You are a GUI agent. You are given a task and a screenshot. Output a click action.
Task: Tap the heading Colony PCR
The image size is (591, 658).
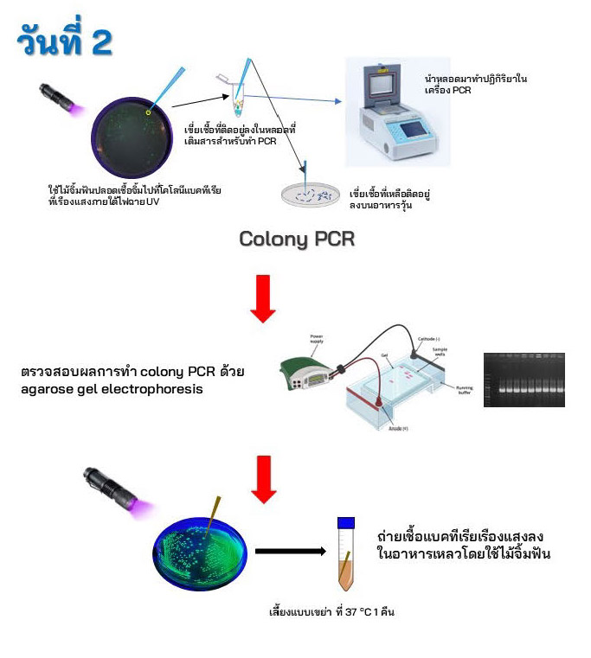click(297, 239)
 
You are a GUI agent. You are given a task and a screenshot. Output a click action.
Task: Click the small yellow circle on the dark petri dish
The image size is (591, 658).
click(149, 112)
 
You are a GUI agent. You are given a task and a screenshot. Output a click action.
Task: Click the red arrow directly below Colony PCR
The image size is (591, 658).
click(263, 298)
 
